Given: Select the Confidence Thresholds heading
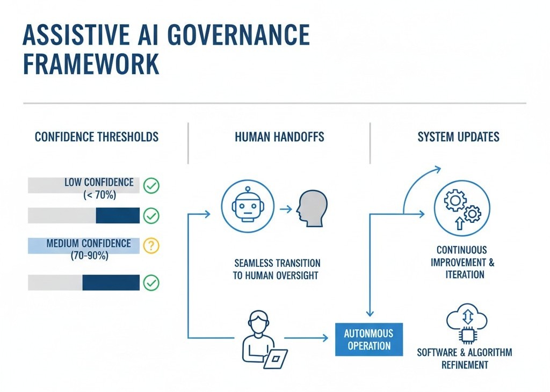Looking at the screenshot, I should pyautogui.click(x=97, y=137).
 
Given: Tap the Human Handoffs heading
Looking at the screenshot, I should pyautogui.click(x=279, y=137).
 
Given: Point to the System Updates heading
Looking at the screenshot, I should pyautogui.click(x=458, y=137).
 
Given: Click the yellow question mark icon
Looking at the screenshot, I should pyautogui.click(x=152, y=245).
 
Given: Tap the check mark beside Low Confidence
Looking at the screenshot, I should pyautogui.click(x=152, y=186).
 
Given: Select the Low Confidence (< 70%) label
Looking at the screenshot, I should pyautogui.click(x=99, y=188).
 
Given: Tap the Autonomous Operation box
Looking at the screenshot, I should pyautogui.click(x=368, y=340).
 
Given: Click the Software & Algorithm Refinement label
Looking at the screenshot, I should pyautogui.click(x=465, y=359).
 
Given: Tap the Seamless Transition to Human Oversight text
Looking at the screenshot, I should pyautogui.click(x=277, y=270).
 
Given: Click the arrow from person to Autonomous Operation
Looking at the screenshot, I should pyautogui.click(x=306, y=338).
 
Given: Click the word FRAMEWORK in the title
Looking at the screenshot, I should pyautogui.click(x=91, y=64).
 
